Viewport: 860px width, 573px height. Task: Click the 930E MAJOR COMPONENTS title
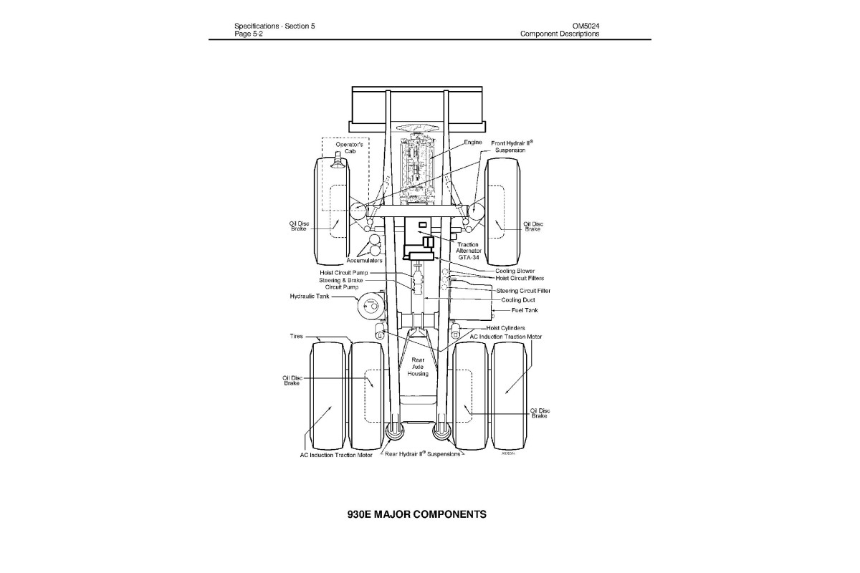coord(416,514)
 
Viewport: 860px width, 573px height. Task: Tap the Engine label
coord(473,143)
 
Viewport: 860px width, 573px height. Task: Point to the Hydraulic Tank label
coord(310,296)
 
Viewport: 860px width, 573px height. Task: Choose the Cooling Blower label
coord(515,271)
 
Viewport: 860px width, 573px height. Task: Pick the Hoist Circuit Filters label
coord(520,278)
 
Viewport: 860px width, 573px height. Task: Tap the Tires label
coord(297,335)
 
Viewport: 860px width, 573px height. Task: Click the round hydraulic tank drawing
coord(371,307)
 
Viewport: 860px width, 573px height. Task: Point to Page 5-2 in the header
coord(249,34)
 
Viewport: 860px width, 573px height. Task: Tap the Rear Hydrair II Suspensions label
coord(423,454)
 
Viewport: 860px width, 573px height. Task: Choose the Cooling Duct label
coord(518,300)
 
